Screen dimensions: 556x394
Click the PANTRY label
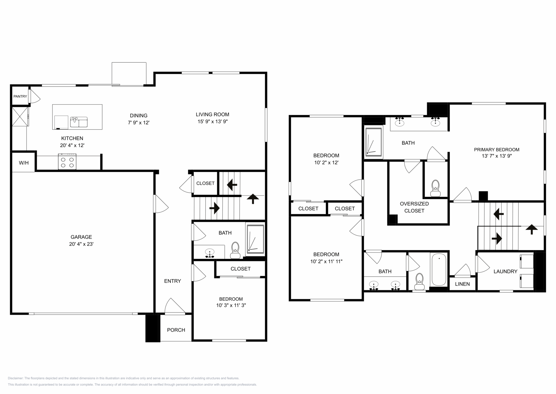pyautogui.click(x=20, y=96)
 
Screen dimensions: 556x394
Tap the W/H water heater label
pyautogui.click(x=24, y=163)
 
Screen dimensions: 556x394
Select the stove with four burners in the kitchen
pyautogui.click(x=67, y=162)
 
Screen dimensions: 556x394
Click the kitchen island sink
pyautogui.click(x=79, y=122)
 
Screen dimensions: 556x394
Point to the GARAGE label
pyautogui.click(x=81, y=237)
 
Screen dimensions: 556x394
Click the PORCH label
pyautogui.click(x=176, y=330)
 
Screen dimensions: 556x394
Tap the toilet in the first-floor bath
pyautogui.click(x=235, y=250)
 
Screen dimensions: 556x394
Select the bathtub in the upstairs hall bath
pyautogui.click(x=439, y=270)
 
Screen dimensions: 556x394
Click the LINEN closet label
pyautogui.click(x=462, y=284)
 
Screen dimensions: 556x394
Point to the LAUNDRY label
pyautogui.click(x=505, y=271)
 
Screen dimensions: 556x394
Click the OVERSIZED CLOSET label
pyautogui.click(x=414, y=207)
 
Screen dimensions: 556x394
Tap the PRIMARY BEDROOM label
pyautogui.click(x=497, y=150)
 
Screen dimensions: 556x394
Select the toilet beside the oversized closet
pyautogui.click(x=436, y=188)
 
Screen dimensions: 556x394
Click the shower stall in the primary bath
pyautogui.click(x=374, y=142)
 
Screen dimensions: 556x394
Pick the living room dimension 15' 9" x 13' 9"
pyautogui.click(x=213, y=122)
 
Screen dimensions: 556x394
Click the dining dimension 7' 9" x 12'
pyautogui.click(x=139, y=122)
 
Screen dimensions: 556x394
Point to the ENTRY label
pyautogui.click(x=173, y=281)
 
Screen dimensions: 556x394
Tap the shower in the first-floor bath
pyautogui.click(x=255, y=239)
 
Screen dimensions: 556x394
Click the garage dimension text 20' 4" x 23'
pyautogui.click(x=81, y=244)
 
